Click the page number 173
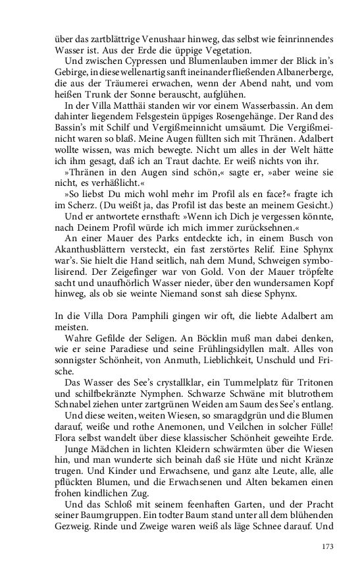click(x=328, y=546)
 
